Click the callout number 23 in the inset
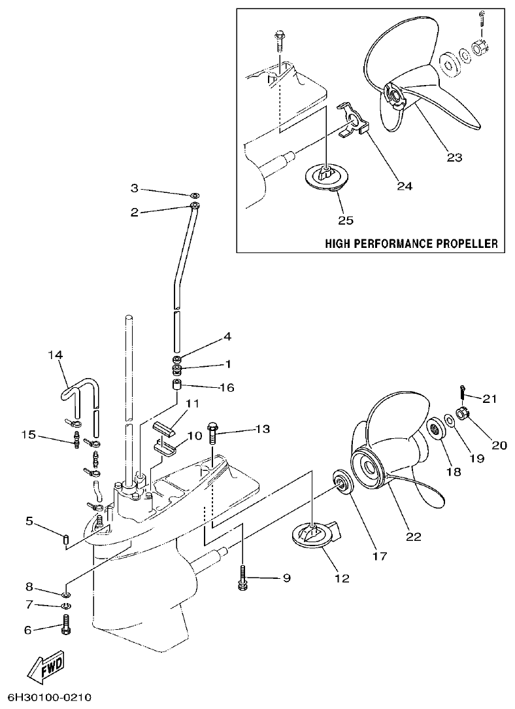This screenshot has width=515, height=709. [454, 157]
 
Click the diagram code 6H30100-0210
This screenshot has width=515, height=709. [50, 697]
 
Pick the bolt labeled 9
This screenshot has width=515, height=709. [242, 578]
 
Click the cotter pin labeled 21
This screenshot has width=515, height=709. [463, 390]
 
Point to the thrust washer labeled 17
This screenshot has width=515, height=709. [341, 483]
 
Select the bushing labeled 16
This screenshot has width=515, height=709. [176, 384]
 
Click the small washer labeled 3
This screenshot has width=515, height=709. [194, 196]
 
